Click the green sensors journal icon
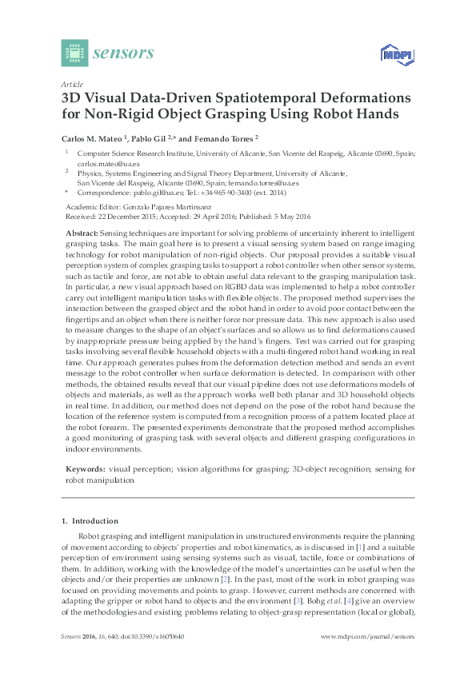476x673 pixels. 74,54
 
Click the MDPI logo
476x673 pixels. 393,54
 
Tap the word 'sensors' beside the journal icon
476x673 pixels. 123,54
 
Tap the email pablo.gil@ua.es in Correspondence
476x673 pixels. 145,192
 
